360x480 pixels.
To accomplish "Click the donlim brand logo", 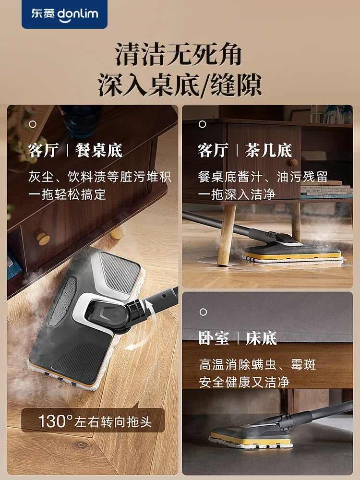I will (64, 14).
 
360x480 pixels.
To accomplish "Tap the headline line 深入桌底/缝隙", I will (180, 85).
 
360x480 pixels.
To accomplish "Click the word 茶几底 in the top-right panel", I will (269, 150).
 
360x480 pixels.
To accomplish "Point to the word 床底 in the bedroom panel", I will (261, 338).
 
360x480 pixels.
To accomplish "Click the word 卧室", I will (214, 338).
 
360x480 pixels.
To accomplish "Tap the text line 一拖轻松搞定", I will (67, 194).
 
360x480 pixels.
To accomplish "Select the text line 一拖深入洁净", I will (237, 194).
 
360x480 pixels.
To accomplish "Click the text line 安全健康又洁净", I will (244, 382).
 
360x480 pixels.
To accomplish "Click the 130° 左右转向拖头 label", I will (95, 421).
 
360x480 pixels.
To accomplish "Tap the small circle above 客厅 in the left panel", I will (33, 124).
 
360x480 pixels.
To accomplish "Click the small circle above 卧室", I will (203, 312).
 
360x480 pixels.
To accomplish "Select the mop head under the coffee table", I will (293, 252).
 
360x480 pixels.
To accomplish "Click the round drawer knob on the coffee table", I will (293, 162).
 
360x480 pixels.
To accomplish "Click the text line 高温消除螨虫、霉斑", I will (257, 364).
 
